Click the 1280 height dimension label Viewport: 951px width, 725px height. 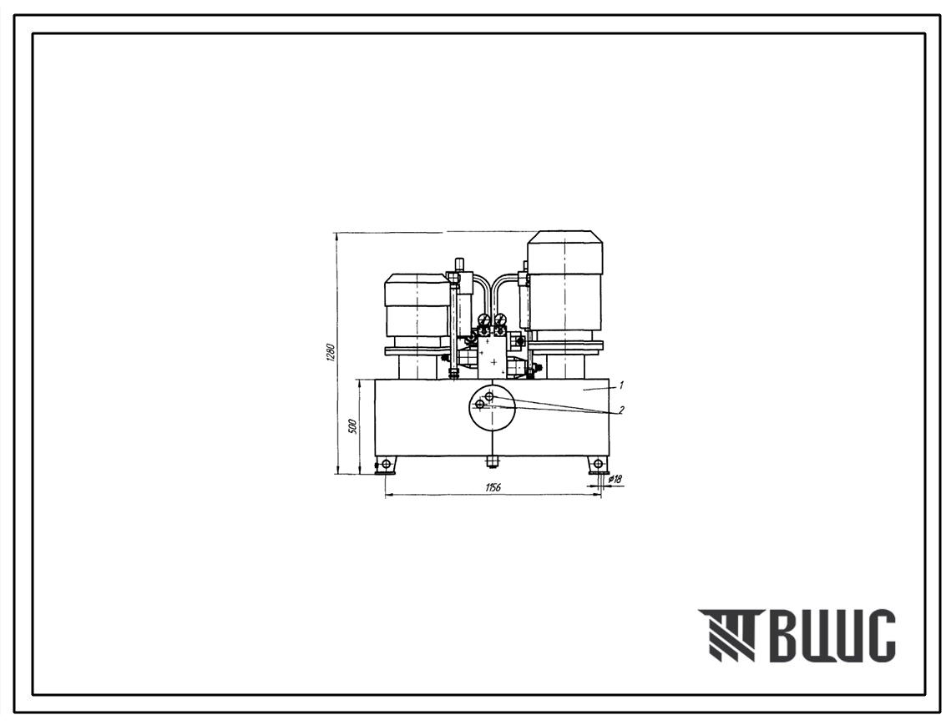tap(331, 353)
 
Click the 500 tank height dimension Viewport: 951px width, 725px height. tap(352, 426)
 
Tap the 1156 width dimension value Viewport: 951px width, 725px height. tap(493, 487)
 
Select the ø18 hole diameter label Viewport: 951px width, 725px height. tap(615, 479)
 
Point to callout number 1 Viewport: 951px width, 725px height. tap(622, 385)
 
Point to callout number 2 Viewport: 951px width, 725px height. tap(621, 410)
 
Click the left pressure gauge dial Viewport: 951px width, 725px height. tap(483, 320)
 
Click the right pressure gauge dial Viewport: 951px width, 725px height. tap(501, 320)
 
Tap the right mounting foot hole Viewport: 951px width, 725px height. tap(598, 465)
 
